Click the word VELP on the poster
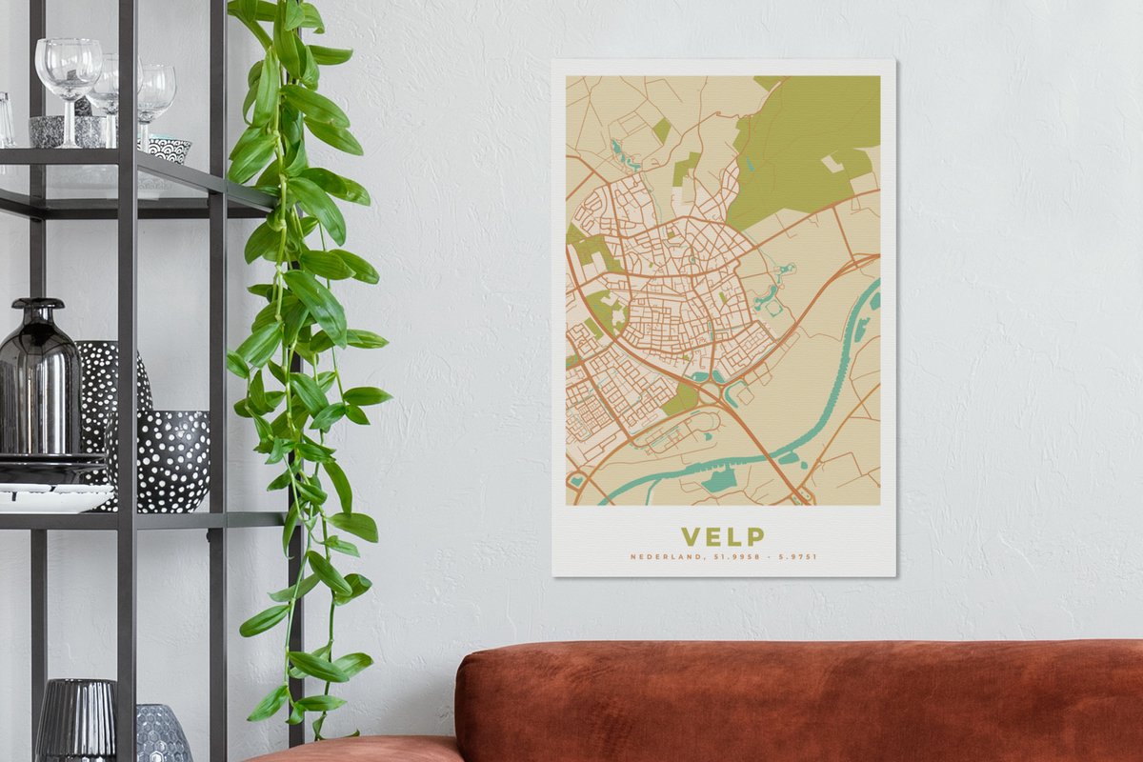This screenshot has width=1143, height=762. [x=722, y=536]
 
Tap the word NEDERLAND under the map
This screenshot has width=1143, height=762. [x=664, y=557]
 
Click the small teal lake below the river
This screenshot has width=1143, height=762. [x=721, y=480]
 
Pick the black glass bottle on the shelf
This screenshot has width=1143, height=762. [x=40, y=381]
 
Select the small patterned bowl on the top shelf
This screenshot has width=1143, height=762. [x=170, y=149]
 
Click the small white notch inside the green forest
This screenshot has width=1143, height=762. [x=831, y=164]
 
